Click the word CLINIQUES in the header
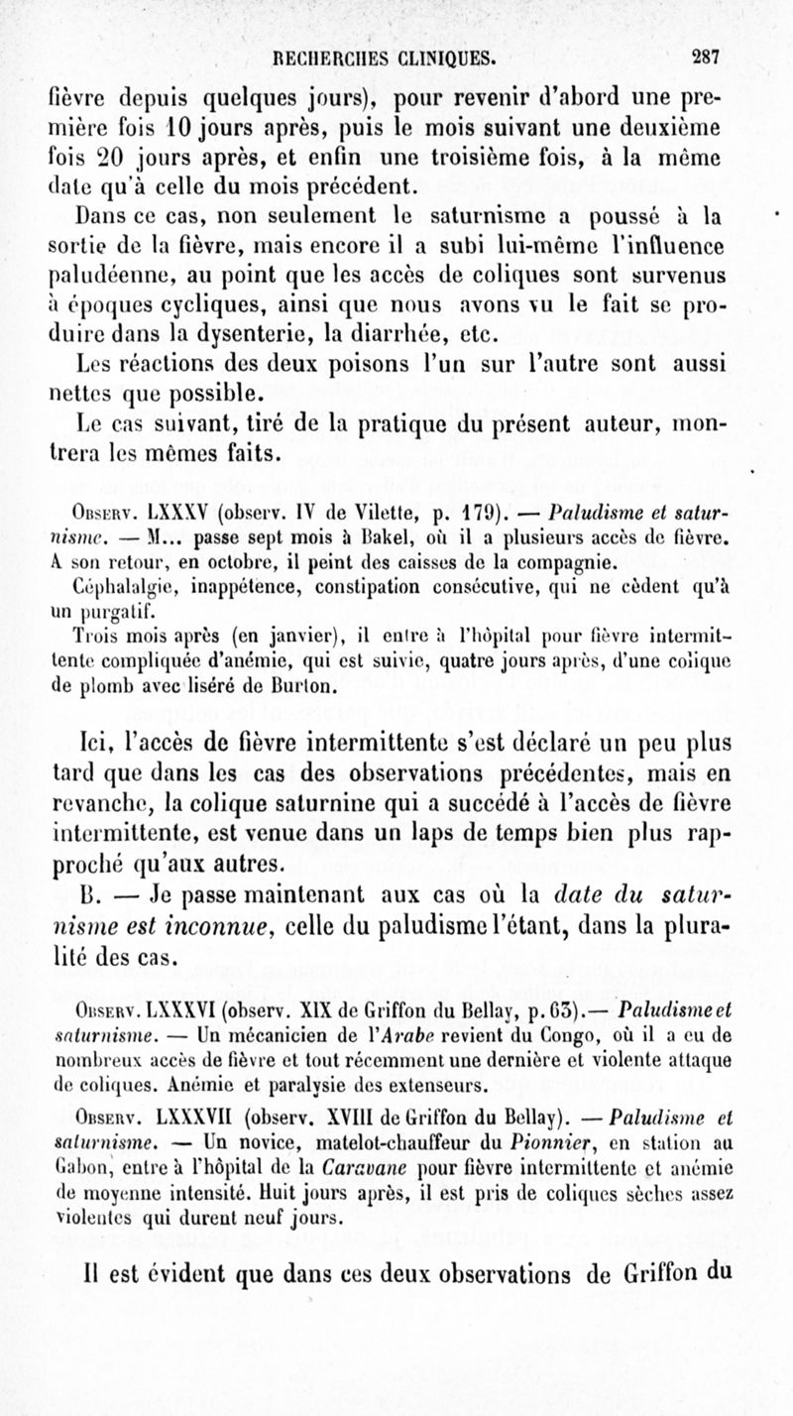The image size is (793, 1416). [433, 56]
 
